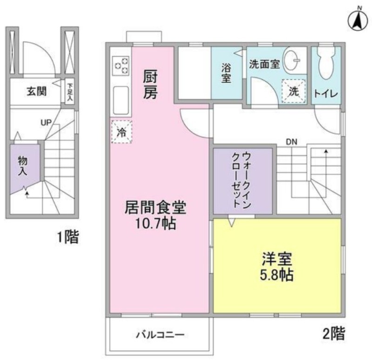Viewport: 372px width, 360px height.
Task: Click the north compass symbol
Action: [358, 20]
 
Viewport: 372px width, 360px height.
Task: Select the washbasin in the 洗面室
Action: [292, 60]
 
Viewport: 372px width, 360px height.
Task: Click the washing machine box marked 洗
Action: [293, 91]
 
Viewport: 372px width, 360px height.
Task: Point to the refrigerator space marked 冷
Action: [122, 132]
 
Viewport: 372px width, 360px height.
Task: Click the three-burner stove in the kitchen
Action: [121, 65]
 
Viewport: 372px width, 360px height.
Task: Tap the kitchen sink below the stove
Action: [121, 100]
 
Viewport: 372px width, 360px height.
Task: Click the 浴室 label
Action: [226, 73]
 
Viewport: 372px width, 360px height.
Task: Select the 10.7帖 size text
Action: [156, 223]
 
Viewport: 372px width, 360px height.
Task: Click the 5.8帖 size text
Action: [277, 275]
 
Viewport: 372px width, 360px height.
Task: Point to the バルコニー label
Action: [160, 334]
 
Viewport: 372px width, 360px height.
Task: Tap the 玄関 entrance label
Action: [37, 91]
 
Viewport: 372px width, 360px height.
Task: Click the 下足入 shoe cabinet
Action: [69, 92]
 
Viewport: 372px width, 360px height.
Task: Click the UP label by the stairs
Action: [46, 123]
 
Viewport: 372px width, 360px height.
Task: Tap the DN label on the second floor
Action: [292, 142]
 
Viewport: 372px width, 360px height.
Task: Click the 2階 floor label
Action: [333, 333]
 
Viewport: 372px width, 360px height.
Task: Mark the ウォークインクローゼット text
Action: [241, 180]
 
